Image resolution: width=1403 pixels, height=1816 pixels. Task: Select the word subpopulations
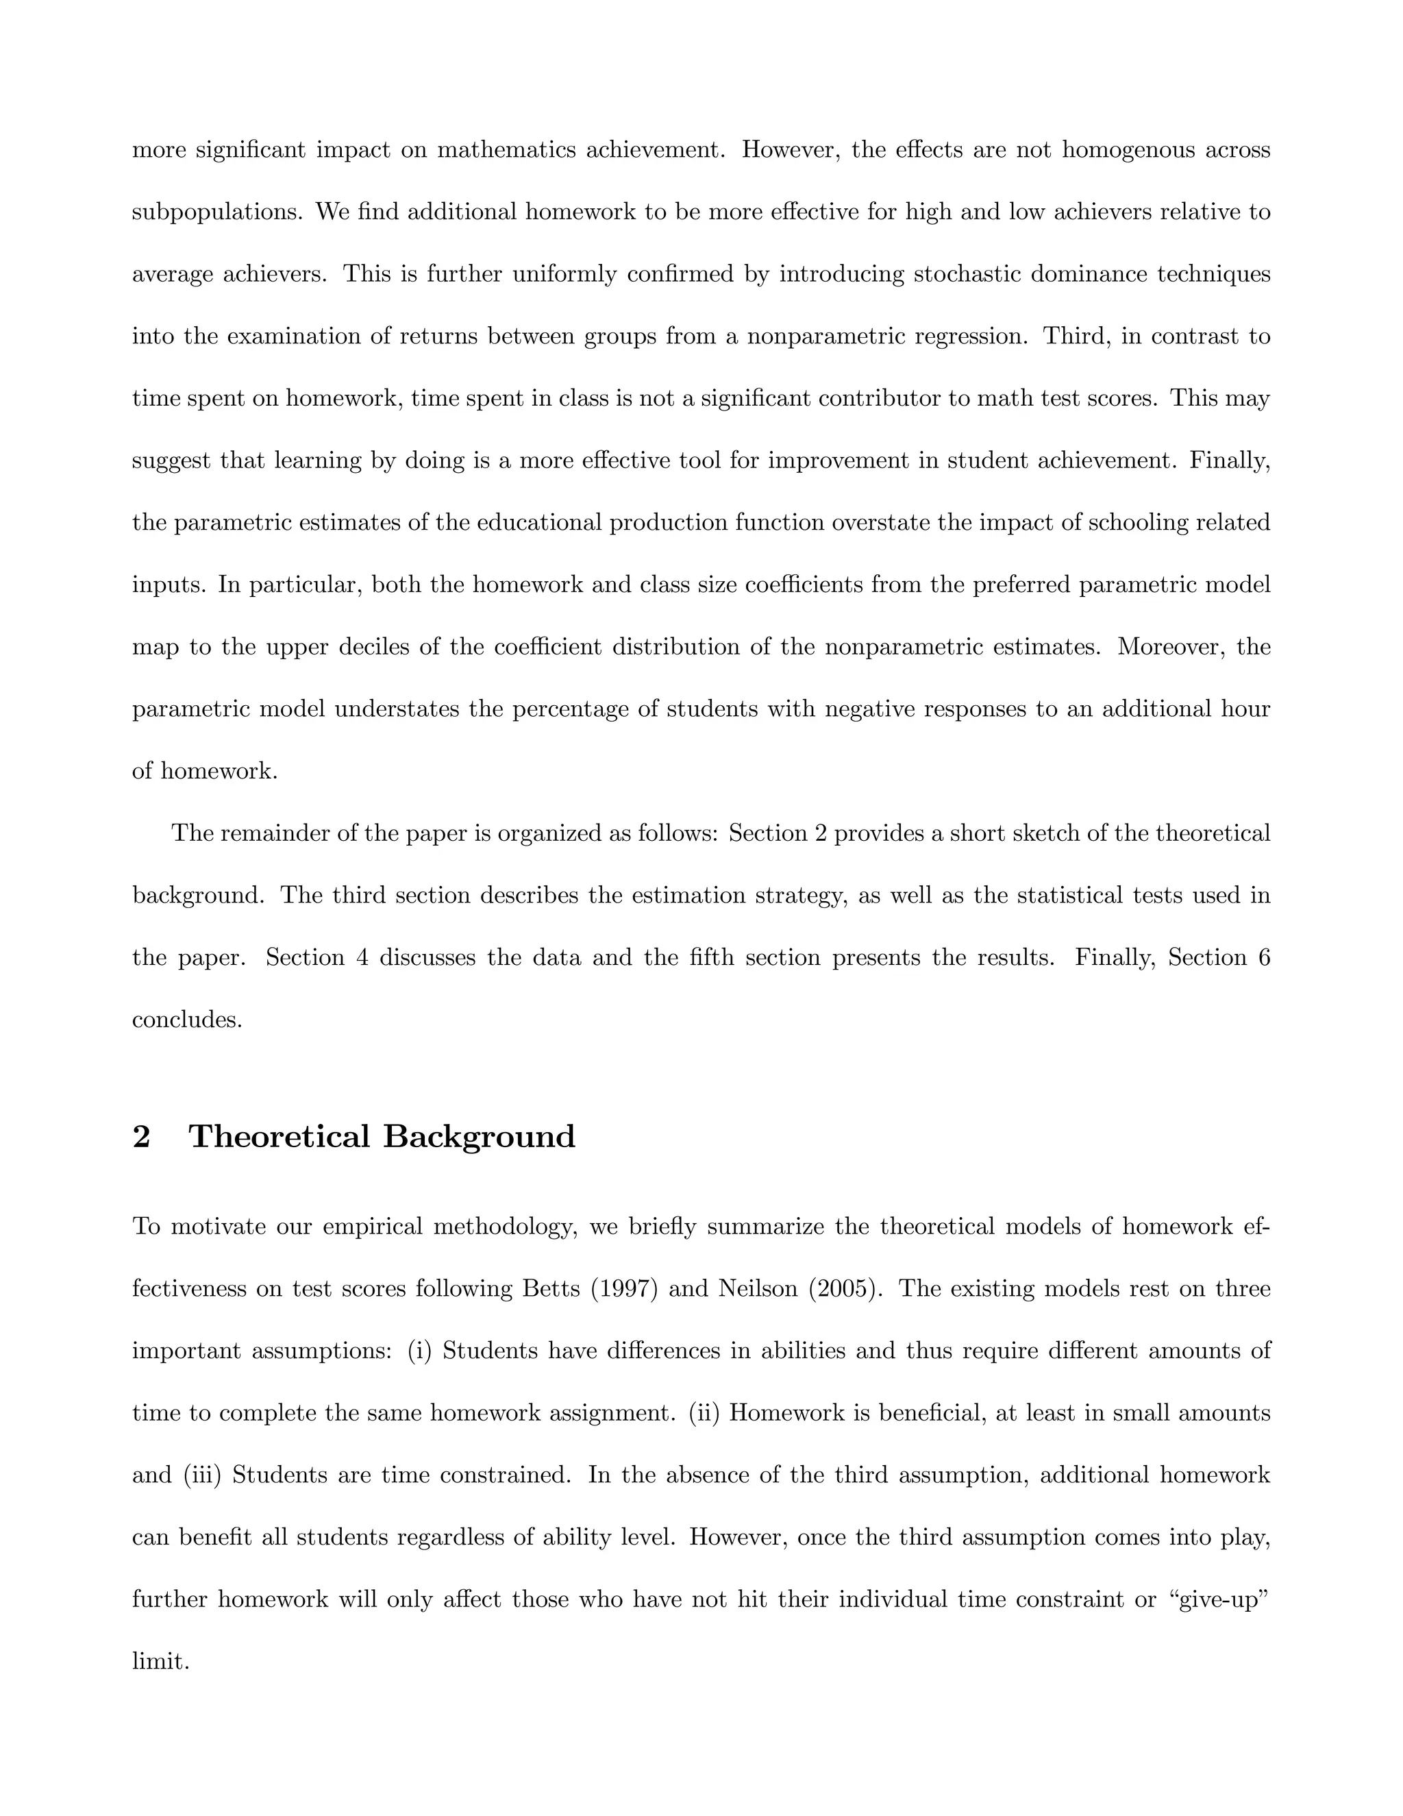pyautogui.click(x=219, y=213)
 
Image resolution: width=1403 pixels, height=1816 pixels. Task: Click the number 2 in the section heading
pyautogui.click(x=141, y=1136)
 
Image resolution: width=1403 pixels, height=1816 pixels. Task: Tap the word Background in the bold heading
pyautogui.click(x=479, y=1136)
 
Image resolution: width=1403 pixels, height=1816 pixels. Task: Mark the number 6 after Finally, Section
pyautogui.click(x=1264, y=958)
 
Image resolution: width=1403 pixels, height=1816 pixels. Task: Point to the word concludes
pyautogui.click(x=187, y=1020)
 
